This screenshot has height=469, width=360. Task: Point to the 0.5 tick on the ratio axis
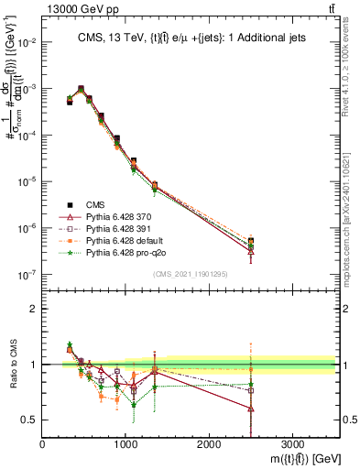point(30,420)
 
